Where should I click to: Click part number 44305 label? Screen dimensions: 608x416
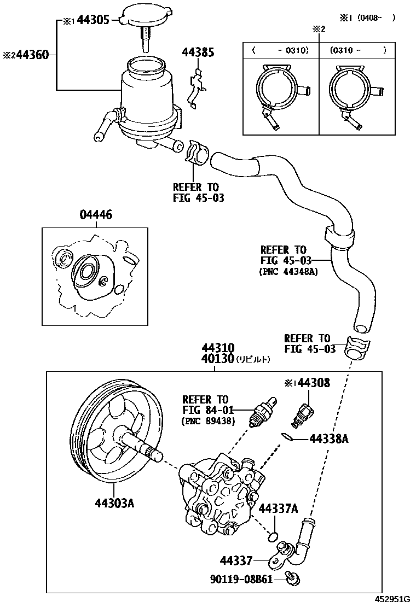[94, 21]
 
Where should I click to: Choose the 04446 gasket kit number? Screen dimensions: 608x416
[96, 215]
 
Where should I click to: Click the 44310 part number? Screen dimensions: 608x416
[218, 348]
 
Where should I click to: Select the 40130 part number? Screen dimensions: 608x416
[218, 359]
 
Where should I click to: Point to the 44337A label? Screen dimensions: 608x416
[278, 508]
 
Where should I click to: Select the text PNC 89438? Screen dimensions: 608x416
[207, 421]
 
